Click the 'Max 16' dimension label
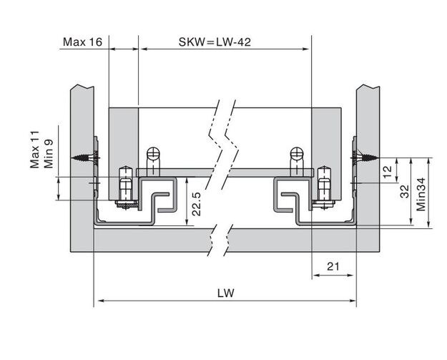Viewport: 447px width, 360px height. tap(82, 42)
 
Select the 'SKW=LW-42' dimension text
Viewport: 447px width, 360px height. tap(215, 42)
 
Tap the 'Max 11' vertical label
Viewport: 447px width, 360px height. tap(35, 150)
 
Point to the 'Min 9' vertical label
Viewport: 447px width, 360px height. tap(49, 153)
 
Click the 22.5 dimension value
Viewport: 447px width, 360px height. tap(197, 204)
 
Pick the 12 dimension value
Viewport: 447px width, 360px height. tap(388, 172)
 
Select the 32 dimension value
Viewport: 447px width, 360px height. tap(405, 191)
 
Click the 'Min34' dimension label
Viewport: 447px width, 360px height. tap(421, 194)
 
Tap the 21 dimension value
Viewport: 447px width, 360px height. tap(333, 266)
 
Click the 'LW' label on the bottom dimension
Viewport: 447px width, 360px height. tap(225, 293)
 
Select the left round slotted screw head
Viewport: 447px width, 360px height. tap(154, 153)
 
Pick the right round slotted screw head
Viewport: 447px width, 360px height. tap(297, 153)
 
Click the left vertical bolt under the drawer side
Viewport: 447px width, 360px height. tap(126, 188)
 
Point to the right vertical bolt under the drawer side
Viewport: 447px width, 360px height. tap(324, 188)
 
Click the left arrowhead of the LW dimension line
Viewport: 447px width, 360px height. tap(100, 301)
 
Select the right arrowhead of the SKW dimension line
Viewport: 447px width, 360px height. tap(305, 49)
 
